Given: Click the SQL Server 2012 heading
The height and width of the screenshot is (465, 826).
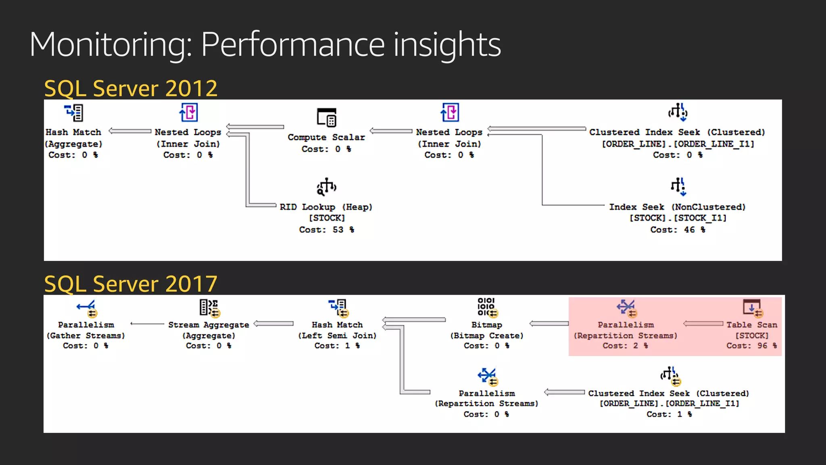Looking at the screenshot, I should click(x=131, y=88).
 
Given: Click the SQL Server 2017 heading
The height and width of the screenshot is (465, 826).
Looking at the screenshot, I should click(x=131, y=284).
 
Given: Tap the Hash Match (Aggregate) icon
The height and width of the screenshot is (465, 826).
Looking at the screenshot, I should click(x=74, y=113).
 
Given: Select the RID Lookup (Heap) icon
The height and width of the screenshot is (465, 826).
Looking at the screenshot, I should click(x=326, y=186).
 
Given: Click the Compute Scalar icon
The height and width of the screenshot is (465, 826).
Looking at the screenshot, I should click(x=326, y=117).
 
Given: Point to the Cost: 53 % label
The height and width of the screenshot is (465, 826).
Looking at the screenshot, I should click(x=326, y=230).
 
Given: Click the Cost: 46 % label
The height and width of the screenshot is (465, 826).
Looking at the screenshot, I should click(x=678, y=230).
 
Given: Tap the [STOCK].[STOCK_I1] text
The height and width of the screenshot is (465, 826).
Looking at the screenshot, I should click(x=678, y=218).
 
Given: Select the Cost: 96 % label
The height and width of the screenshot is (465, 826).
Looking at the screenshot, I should click(x=751, y=346).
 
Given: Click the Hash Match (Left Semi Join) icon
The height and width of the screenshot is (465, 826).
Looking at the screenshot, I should click(x=338, y=308).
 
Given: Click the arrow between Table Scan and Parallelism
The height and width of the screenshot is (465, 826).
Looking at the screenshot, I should click(x=703, y=324).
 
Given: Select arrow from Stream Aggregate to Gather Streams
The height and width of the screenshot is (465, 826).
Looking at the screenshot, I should click(x=147, y=324).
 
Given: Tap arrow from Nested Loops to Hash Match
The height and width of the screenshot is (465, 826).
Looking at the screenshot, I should click(x=130, y=131).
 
